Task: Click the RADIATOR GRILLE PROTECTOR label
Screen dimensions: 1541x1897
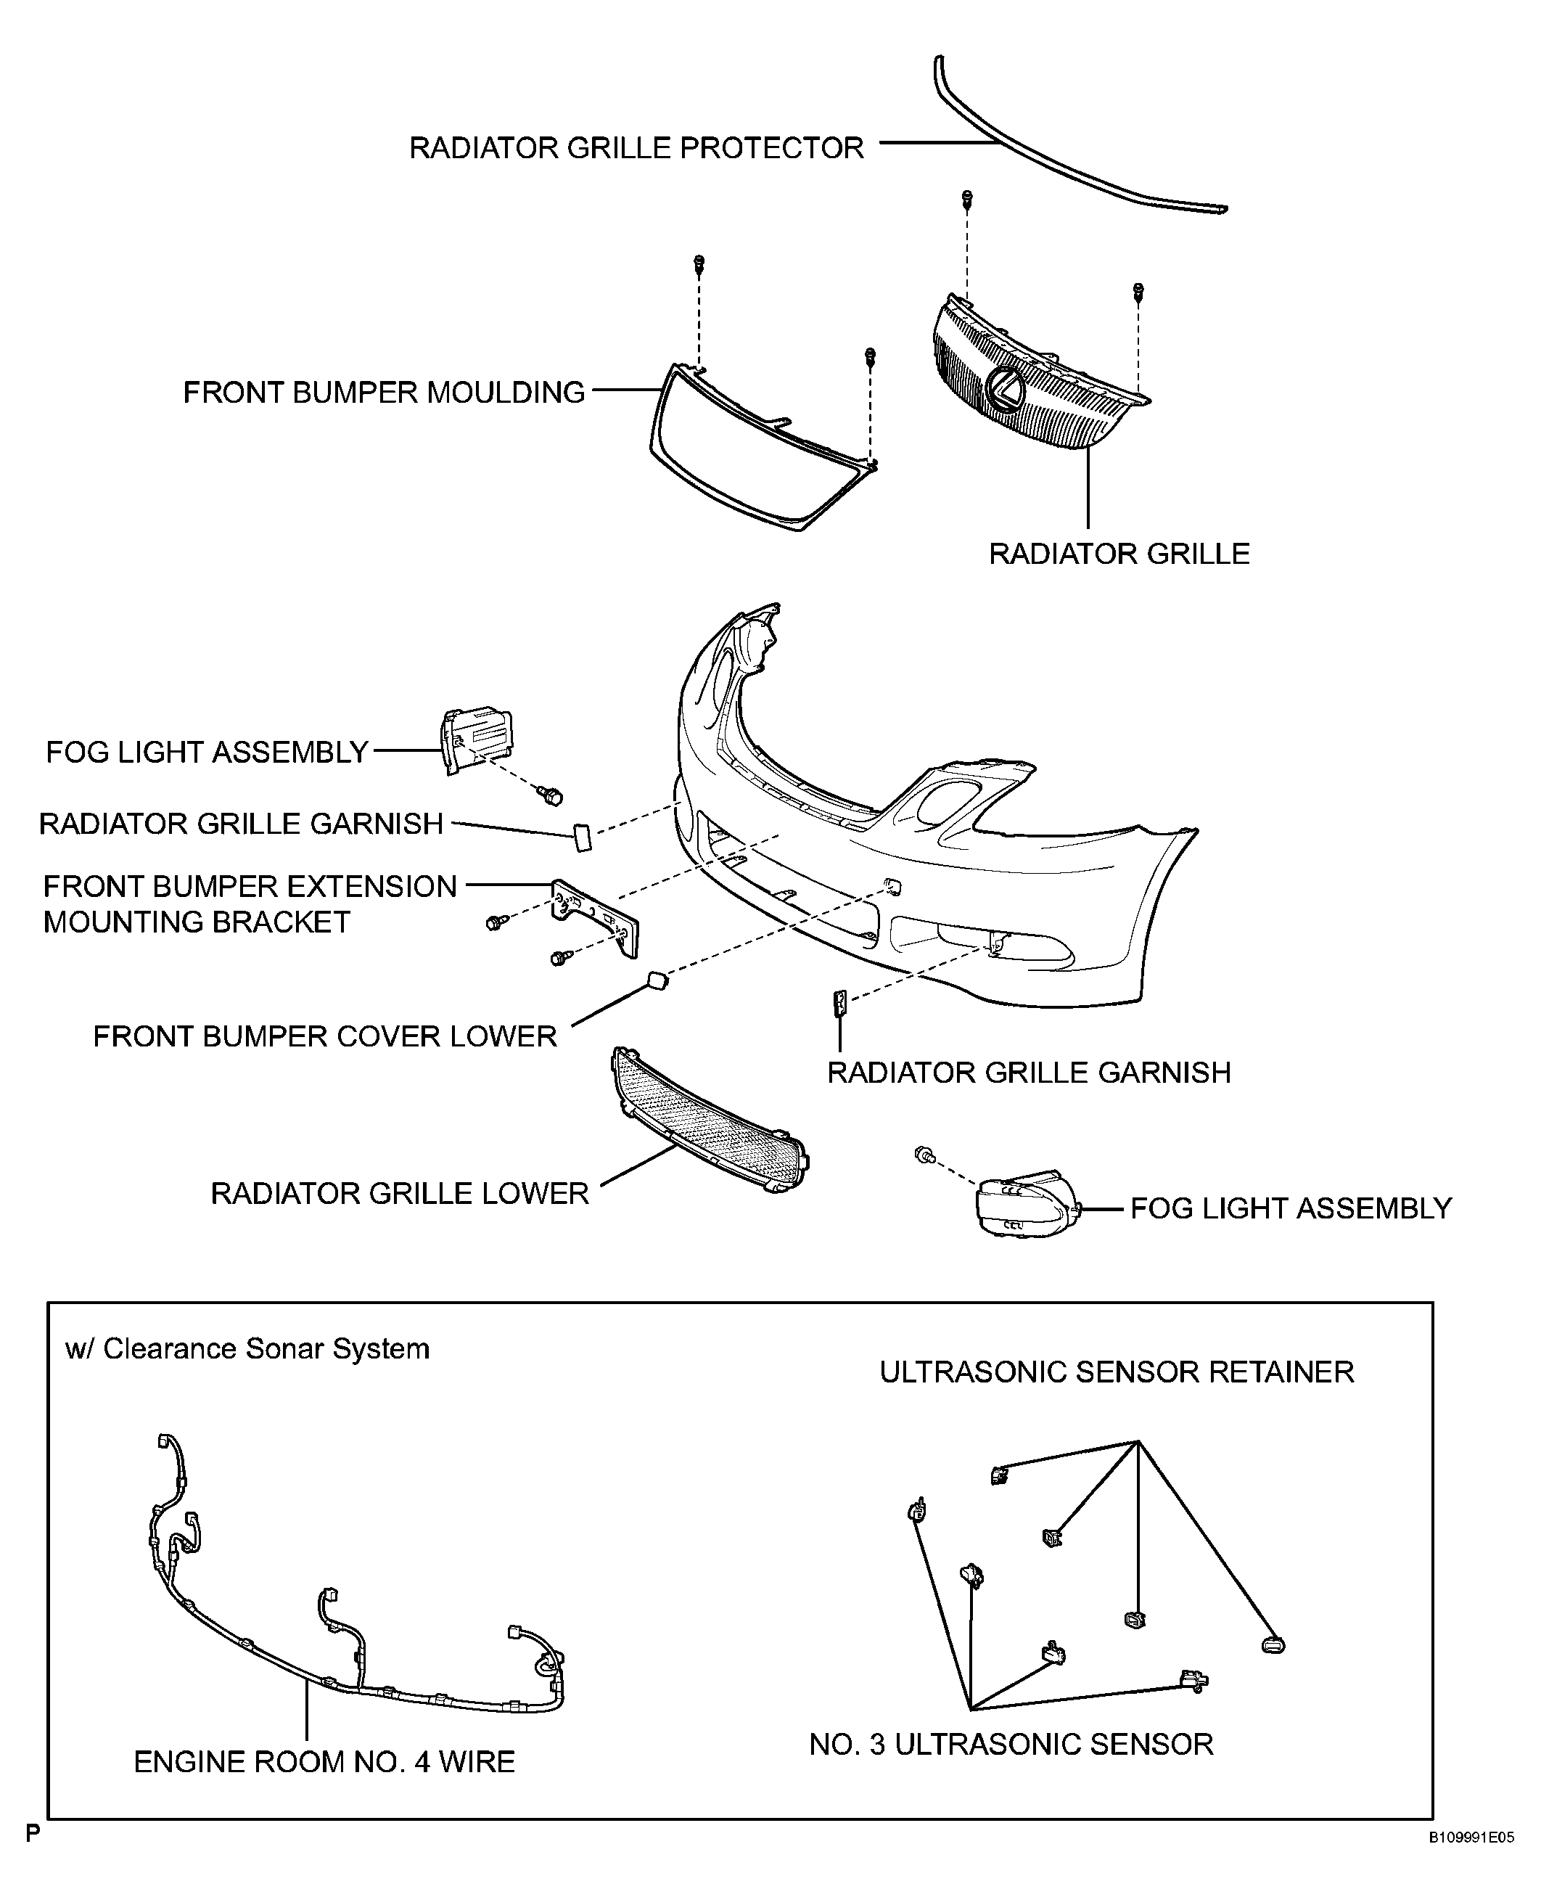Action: (636, 147)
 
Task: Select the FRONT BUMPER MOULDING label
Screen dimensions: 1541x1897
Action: (384, 393)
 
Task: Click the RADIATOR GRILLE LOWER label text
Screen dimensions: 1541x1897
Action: (400, 1193)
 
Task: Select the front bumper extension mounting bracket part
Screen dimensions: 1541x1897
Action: (595, 918)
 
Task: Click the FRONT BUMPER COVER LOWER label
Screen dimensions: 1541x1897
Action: (325, 1036)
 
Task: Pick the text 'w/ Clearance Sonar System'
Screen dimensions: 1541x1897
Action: (247, 1349)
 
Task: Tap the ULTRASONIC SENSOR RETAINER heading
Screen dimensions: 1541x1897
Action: (1117, 1372)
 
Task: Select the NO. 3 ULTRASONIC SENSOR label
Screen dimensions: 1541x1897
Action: (1011, 1745)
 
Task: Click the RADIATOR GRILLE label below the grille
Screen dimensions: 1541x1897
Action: (1119, 554)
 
